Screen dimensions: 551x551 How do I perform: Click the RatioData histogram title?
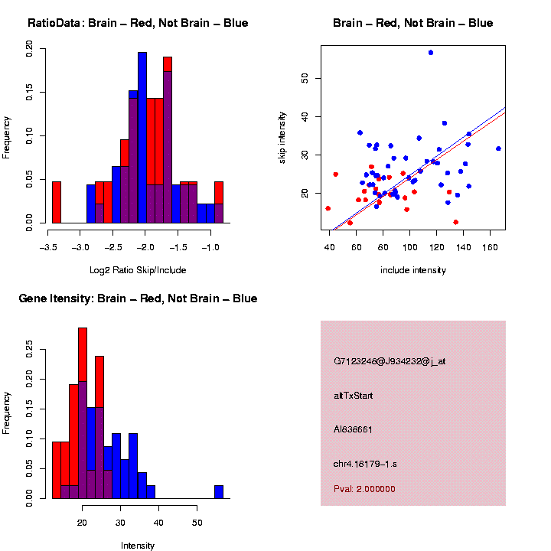(x=138, y=23)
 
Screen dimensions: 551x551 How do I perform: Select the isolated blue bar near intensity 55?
(x=219, y=491)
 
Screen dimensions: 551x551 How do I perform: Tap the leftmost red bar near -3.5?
(x=57, y=202)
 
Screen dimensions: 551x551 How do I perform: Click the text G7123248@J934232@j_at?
(x=389, y=361)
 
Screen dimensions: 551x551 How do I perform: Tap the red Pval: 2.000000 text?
(x=364, y=489)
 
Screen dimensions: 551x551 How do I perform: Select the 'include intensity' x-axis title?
(x=413, y=270)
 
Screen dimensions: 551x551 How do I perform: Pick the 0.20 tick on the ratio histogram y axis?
(x=31, y=49)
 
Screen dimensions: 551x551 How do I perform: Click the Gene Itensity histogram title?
(x=138, y=298)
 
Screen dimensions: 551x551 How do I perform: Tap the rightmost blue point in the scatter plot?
(x=498, y=148)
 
